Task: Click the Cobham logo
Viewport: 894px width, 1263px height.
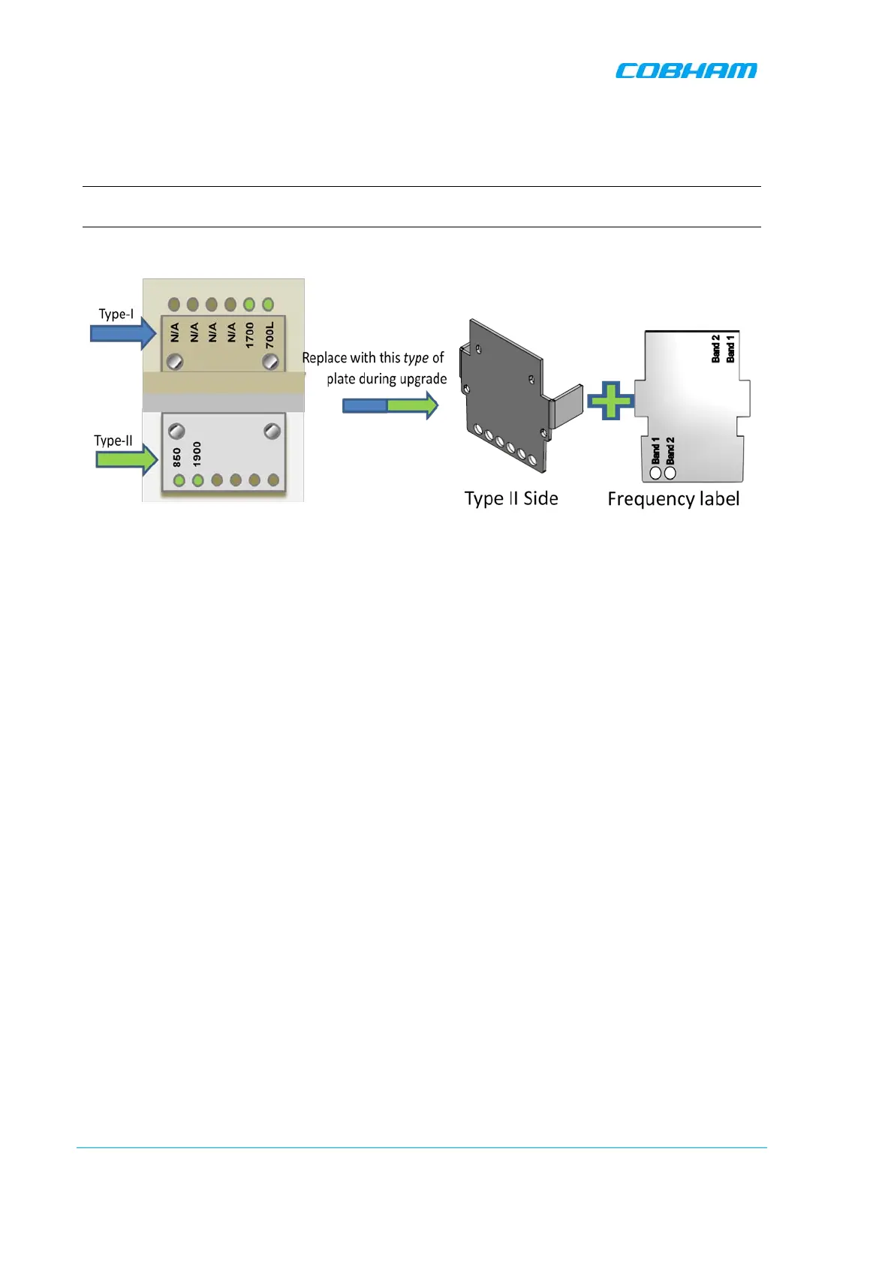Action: tap(686, 71)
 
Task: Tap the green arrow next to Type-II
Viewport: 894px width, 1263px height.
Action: tap(126, 459)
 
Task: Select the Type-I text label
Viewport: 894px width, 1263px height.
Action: tap(116, 314)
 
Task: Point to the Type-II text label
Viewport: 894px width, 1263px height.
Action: tap(113, 441)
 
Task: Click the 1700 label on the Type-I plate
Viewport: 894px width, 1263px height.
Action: tap(250, 335)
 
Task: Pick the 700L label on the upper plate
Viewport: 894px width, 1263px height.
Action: tap(269, 335)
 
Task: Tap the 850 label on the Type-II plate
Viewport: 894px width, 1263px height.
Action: tap(177, 457)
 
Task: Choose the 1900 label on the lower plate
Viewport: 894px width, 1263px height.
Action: tap(197, 453)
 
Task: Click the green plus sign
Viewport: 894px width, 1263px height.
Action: tap(611, 401)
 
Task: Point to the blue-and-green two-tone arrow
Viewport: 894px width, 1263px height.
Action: tap(390, 405)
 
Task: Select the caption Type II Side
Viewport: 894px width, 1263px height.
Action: tap(511, 499)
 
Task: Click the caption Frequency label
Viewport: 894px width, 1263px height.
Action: tap(673, 499)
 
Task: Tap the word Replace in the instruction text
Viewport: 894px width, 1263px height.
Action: tap(324, 358)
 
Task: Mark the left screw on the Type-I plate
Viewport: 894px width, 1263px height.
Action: tap(175, 362)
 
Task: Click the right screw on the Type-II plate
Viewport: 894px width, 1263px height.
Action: tap(272, 431)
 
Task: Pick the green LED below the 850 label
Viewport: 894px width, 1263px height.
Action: tap(179, 480)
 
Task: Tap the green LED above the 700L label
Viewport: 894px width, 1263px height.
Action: tap(268, 305)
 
